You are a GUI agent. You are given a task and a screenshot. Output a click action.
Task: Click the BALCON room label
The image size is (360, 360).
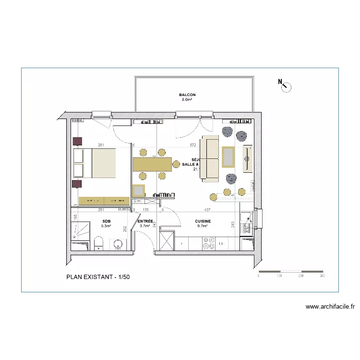pos(188,95)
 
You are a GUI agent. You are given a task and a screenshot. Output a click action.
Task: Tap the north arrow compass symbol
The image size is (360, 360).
pos(286,86)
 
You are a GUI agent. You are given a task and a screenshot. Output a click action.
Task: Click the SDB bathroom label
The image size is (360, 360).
pos(106,221)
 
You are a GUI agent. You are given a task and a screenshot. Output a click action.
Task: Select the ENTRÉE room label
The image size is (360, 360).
pos(145,221)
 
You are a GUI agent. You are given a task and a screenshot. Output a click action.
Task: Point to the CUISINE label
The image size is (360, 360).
pos(203,221)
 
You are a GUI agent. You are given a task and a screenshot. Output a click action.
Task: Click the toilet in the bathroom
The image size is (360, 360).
pos(98,243)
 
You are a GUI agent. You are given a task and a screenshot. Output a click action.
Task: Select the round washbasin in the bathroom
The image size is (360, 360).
pos(118,245)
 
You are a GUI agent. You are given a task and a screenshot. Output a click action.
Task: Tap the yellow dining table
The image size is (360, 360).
pos(152,165)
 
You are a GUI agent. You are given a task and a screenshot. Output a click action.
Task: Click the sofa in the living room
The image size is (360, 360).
pos(210,158)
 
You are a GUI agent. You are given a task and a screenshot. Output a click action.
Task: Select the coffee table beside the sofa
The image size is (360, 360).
pos(228,157)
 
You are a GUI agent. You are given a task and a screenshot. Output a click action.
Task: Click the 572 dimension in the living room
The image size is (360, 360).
pos(193,144)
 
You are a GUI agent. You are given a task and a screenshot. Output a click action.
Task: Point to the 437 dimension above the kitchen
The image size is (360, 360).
pos(207,210)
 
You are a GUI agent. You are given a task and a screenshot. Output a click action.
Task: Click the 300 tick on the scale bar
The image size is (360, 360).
pos(322,276)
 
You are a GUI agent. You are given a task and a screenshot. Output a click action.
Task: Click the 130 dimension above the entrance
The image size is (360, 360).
pos(145,210)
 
